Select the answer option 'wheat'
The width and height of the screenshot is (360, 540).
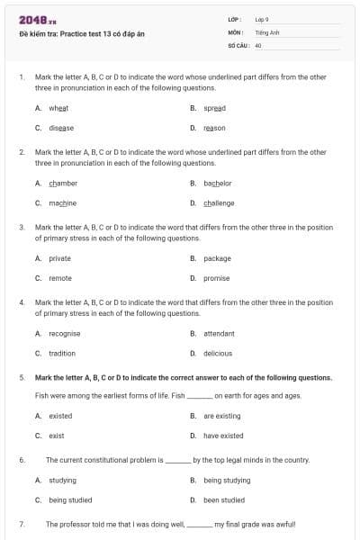pyautogui.click(x=58, y=107)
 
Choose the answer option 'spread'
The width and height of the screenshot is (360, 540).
pyautogui.click(x=214, y=107)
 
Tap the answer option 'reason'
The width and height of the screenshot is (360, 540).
pyautogui.click(x=214, y=128)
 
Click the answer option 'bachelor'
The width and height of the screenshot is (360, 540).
pyautogui.click(x=218, y=183)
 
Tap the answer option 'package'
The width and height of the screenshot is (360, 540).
pyautogui.click(x=217, y=258)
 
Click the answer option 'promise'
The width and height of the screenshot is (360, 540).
pyautogui.click(x=217, y=278)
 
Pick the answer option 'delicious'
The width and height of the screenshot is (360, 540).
pyautogui.click(x=218, y=354)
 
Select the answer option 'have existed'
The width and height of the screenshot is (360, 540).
pyautogui.click(x=223, y=436)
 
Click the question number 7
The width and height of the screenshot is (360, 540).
pyautogui.click(x=21, y=523)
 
